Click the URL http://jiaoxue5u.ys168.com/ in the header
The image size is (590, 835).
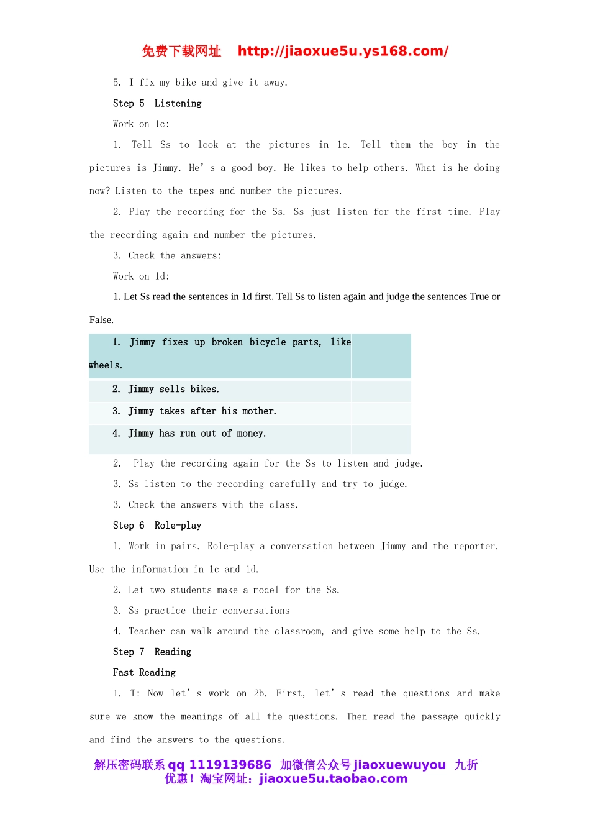coord(343,52)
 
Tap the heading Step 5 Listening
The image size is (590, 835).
coord(157,104)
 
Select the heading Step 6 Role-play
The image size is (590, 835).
coord(157,526)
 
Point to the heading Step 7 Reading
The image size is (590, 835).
coord(152,652)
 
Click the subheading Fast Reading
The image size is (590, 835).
coord(144,673)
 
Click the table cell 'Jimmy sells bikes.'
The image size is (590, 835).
coord(173,390)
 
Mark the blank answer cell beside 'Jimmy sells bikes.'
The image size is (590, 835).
coord(381,391)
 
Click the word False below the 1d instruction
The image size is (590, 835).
coord(101,320)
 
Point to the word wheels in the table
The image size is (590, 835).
coord(105,365)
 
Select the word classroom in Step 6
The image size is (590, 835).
coord(299,632)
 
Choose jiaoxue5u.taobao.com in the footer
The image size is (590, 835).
coord(333,779)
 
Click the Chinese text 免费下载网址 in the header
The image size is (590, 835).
coord(181,52)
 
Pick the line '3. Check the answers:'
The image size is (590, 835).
coord(167,256)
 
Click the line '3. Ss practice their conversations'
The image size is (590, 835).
coord(201,611)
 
